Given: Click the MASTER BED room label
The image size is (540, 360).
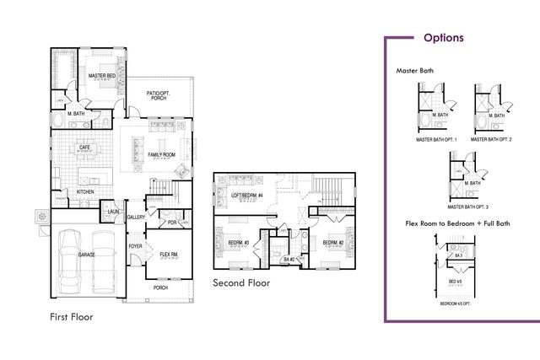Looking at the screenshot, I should point(101,76).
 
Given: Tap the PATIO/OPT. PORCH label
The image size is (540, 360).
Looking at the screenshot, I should point(158,96).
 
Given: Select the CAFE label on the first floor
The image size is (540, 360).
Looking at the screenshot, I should point(84,148).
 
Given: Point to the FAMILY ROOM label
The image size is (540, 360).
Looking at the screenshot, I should point(161,155).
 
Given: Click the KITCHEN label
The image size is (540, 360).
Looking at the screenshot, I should point(86,192).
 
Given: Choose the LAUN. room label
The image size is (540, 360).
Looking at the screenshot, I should point(111,212).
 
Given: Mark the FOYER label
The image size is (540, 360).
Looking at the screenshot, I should point(135,247).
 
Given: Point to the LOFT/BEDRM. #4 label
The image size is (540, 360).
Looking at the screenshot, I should point(248,195).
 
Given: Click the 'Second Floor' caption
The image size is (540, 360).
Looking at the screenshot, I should point(241,283).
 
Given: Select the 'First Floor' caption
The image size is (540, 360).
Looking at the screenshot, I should point(71,317).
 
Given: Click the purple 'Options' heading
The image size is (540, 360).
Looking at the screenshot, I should point(443,38).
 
